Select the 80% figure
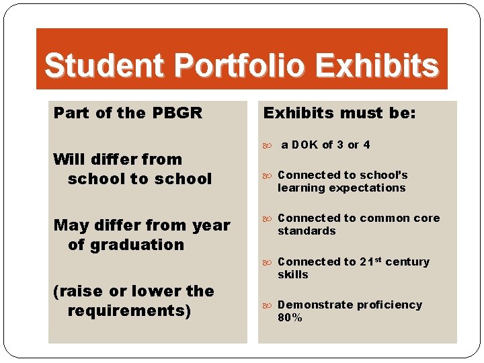pyautogui.click(x=290, y=317)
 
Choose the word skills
pyautogui.click(x=292, y=274)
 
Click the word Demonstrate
pyautogui.click(x=314, y=305)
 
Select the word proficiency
pyautogui.click(x=389, y=305)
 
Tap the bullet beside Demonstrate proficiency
pyautogui.click(x=268, y=305)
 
